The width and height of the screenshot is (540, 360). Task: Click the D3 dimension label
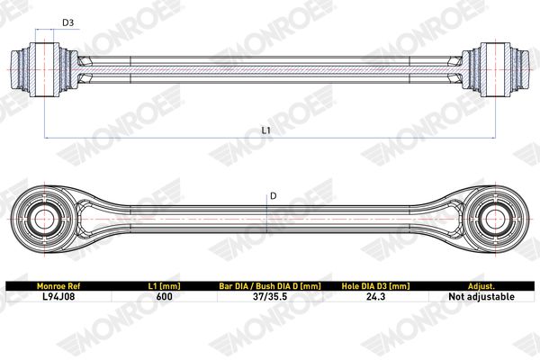click(67, 22)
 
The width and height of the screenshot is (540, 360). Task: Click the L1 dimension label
click(265, 130)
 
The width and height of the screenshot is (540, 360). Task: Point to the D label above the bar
click(273, 196)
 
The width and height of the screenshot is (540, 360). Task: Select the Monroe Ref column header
click(58, 286)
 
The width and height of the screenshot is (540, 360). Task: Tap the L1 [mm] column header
click(165, 286)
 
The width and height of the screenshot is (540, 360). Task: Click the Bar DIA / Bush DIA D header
click(270, 286)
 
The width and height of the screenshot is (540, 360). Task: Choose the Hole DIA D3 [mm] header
click(375, 286)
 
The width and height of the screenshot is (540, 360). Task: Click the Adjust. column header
click(481, 286)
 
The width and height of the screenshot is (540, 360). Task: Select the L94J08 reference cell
click(58, 296)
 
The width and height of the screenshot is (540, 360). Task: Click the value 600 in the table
click(165, 296)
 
